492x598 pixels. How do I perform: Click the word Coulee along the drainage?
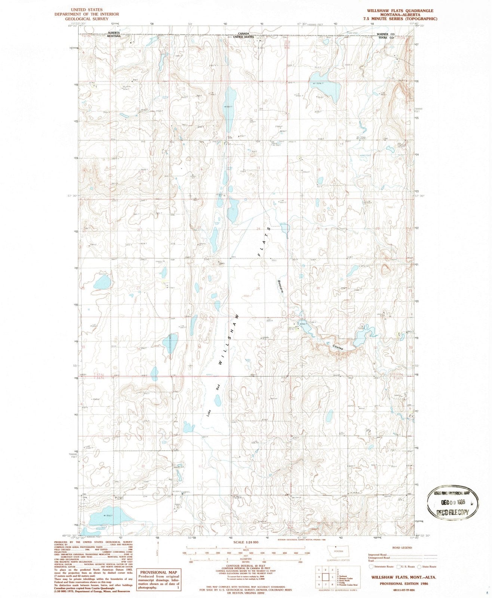pos(338,347)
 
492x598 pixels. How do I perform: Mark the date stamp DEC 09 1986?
pos(452,503)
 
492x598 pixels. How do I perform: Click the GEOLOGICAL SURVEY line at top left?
pos(87,19)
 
